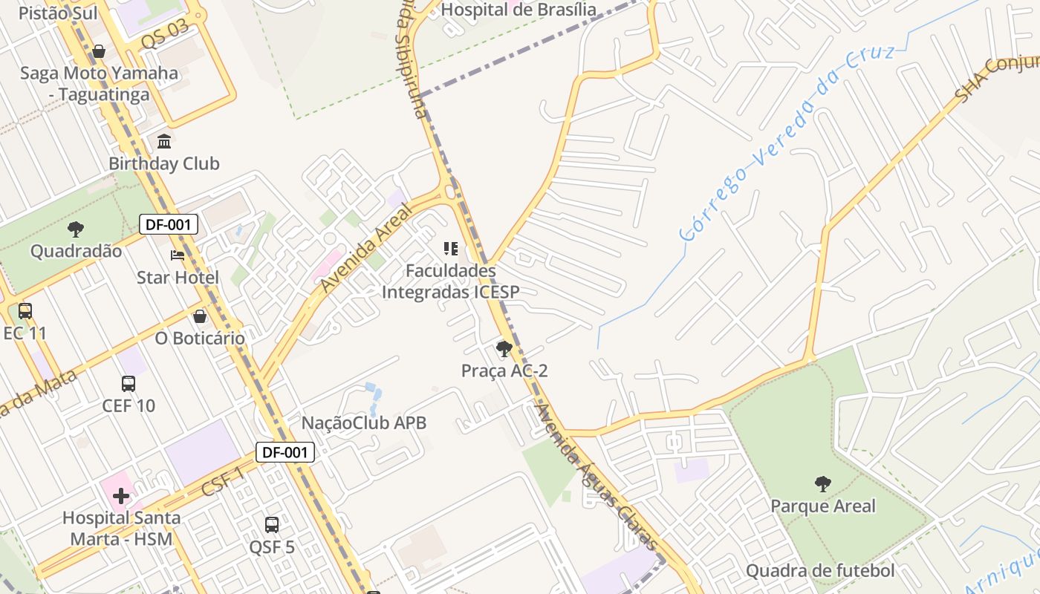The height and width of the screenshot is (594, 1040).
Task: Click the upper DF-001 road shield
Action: (169, 224)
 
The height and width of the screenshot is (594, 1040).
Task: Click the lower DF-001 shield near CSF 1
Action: (285, 452)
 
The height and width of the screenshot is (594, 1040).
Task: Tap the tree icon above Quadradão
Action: (75, 229)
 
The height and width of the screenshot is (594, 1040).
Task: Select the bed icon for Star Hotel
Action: (178, 255)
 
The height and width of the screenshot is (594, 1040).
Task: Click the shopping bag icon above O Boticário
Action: (200, 316)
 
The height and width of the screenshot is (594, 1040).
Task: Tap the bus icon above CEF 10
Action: (129, 384)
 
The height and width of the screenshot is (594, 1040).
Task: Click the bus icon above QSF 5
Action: (272, 525)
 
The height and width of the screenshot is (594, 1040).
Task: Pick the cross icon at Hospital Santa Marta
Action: (121, 495)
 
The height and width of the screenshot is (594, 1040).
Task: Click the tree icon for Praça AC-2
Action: (504, 348)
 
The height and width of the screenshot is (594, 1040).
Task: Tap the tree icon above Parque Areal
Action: (822, 484)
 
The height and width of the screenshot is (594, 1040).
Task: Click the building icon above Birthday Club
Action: (164, 141)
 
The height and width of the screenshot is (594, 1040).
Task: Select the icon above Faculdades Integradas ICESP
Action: (450, 248)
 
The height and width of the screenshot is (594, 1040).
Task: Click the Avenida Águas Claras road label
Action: (597, 477)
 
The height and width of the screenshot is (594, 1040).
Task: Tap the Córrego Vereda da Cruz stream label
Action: (787, 141)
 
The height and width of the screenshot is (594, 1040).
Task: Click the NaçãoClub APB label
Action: (364, 423)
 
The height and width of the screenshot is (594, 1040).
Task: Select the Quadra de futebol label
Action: (820, 571)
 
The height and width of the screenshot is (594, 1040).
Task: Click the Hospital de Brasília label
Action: (519, 10)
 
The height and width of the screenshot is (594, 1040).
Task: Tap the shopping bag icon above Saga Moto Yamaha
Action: (99, 51)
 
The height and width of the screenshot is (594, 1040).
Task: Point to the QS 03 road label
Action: (164, 35)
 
